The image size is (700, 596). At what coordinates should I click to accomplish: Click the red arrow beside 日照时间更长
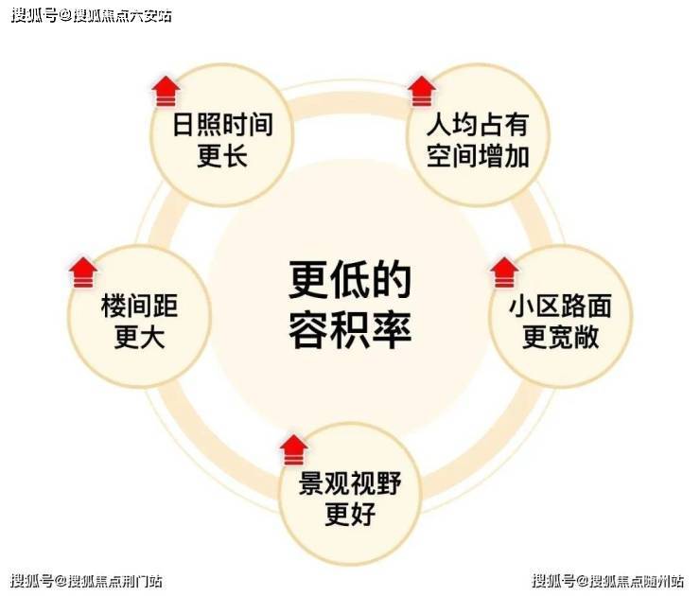[166, 91]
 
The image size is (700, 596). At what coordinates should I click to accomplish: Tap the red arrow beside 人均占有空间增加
[422, 91]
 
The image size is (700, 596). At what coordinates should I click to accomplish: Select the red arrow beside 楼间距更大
[83, 272]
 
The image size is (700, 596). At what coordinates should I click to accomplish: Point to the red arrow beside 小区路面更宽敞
[505, 272]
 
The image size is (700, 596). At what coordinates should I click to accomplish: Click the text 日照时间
[222, 126]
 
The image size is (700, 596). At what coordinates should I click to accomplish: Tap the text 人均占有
[477, 126]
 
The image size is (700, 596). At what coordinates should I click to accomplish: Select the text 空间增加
[477, 156]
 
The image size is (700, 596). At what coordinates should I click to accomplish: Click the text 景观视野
[350, 484]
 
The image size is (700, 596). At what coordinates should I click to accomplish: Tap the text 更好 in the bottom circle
[350, 516]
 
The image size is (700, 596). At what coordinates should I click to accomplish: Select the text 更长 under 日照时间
[222, 156]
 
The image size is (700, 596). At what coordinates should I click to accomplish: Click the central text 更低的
[350, 281]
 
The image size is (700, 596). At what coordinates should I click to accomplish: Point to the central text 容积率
[350, 328]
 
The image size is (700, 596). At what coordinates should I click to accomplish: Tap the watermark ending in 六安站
[92, 16]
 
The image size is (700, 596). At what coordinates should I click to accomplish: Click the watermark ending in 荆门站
[86, 580]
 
